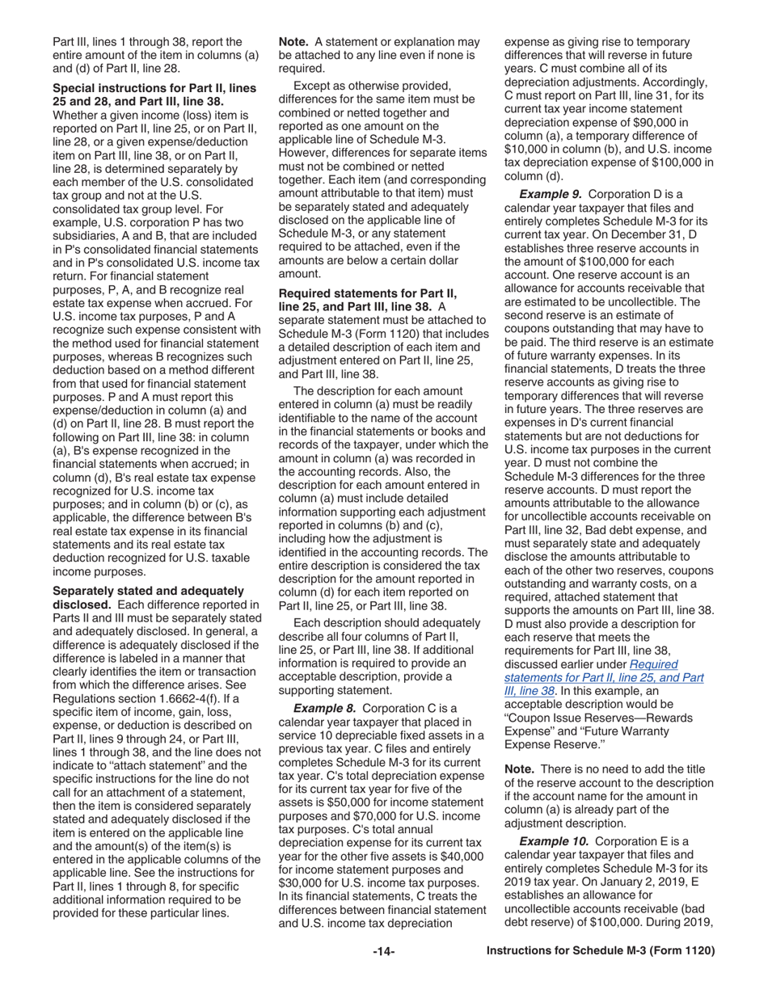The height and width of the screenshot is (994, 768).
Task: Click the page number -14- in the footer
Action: click(x=383, y=951)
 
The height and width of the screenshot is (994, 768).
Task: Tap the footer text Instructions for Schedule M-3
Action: click(x=601, y=951)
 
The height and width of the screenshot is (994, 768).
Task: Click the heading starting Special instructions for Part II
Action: click(x=154, y=94)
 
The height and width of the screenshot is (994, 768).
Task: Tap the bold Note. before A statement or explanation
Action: click(x=294, y=41)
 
